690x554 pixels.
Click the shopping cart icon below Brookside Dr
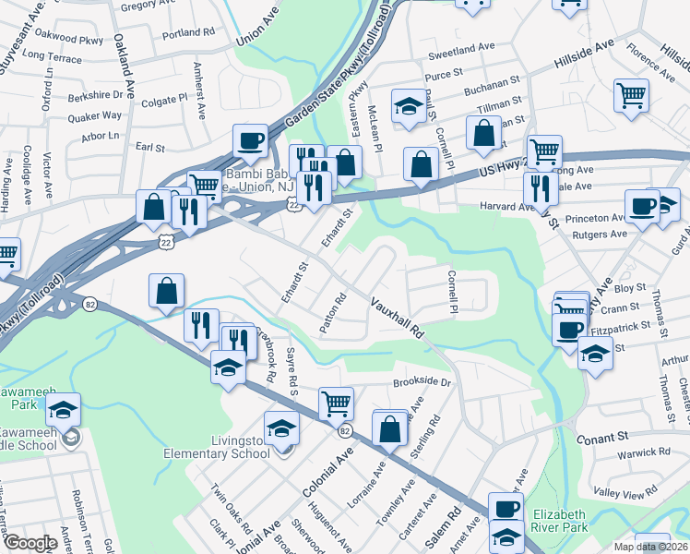coord(336,403)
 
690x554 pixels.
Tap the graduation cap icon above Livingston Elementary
coord(281,427)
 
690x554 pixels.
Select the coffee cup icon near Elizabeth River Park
coord(505,507)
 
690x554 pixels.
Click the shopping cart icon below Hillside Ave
coord(631,94)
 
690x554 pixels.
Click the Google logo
coord(30,543)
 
